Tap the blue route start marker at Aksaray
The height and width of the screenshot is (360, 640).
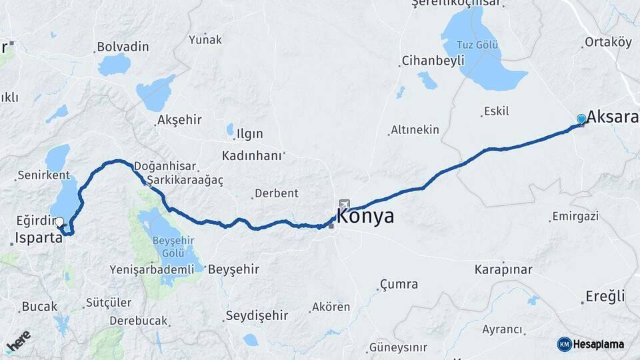point(581,119)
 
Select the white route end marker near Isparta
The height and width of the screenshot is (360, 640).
point(59,222)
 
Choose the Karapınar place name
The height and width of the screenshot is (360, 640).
point(503,270)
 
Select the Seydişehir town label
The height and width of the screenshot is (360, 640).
point(256,315)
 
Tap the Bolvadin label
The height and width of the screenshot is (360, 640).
point(123,47)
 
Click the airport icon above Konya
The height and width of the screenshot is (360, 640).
point(344,204)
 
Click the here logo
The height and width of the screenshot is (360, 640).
point(18,341)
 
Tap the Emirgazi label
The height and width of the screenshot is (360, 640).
point(575,217)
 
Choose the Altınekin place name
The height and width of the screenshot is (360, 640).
point(415,129)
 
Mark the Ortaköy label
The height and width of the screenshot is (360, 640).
point(607,42)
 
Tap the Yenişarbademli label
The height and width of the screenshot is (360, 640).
point(152,270)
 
